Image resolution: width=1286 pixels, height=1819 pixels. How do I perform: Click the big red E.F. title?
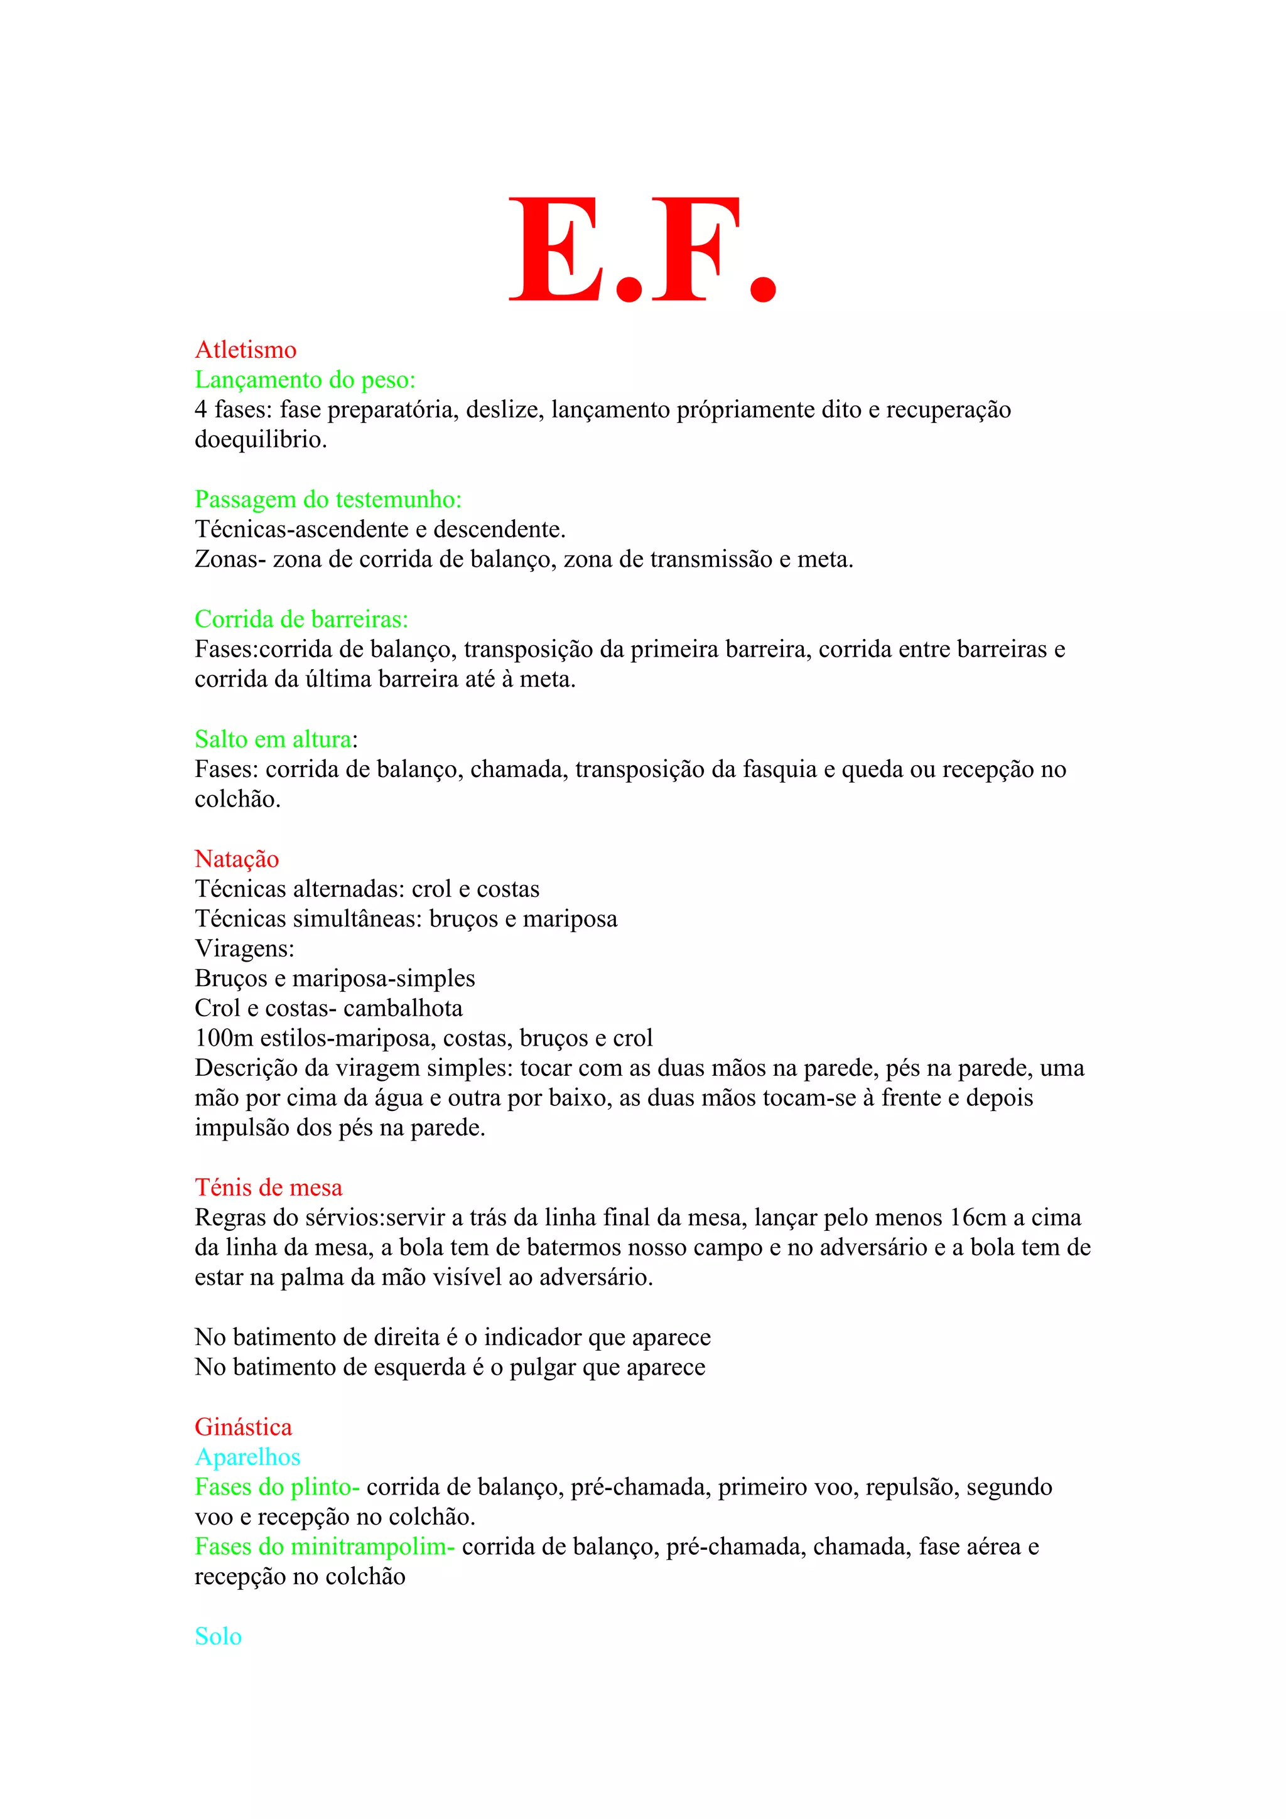642,250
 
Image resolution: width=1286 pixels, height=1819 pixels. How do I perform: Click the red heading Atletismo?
246,350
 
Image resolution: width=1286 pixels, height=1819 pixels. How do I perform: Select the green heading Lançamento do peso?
305,380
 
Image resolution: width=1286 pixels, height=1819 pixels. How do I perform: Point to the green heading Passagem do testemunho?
328,499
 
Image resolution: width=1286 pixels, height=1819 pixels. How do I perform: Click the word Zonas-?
230,559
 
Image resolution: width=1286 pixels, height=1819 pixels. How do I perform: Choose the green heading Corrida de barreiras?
301,619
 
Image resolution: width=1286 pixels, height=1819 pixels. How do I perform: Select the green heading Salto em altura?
273,739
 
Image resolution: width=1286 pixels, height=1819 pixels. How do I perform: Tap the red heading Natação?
237,859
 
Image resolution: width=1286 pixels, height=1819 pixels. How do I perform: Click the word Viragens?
245,948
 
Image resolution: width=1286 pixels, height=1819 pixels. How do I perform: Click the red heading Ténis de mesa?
269,1188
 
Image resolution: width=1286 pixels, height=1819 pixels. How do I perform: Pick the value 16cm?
976,1218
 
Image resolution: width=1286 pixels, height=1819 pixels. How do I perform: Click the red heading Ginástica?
243,1427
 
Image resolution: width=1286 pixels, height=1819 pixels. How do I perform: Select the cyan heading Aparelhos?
247,1457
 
